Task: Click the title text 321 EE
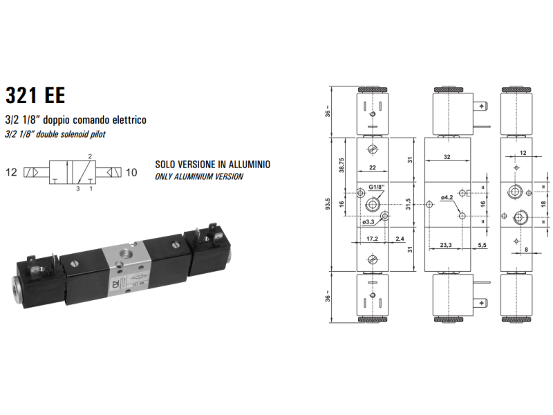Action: pyautogui.click(x=35, y=95)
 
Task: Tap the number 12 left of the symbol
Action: pyautogui.click(x=12, y=171)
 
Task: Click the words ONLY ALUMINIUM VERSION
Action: pyautogui.click(x=199, y=176)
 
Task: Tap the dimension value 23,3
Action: pyautogui.click(x=446, y=245)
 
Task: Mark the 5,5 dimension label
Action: pyautogui.click(x=482, y=245)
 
